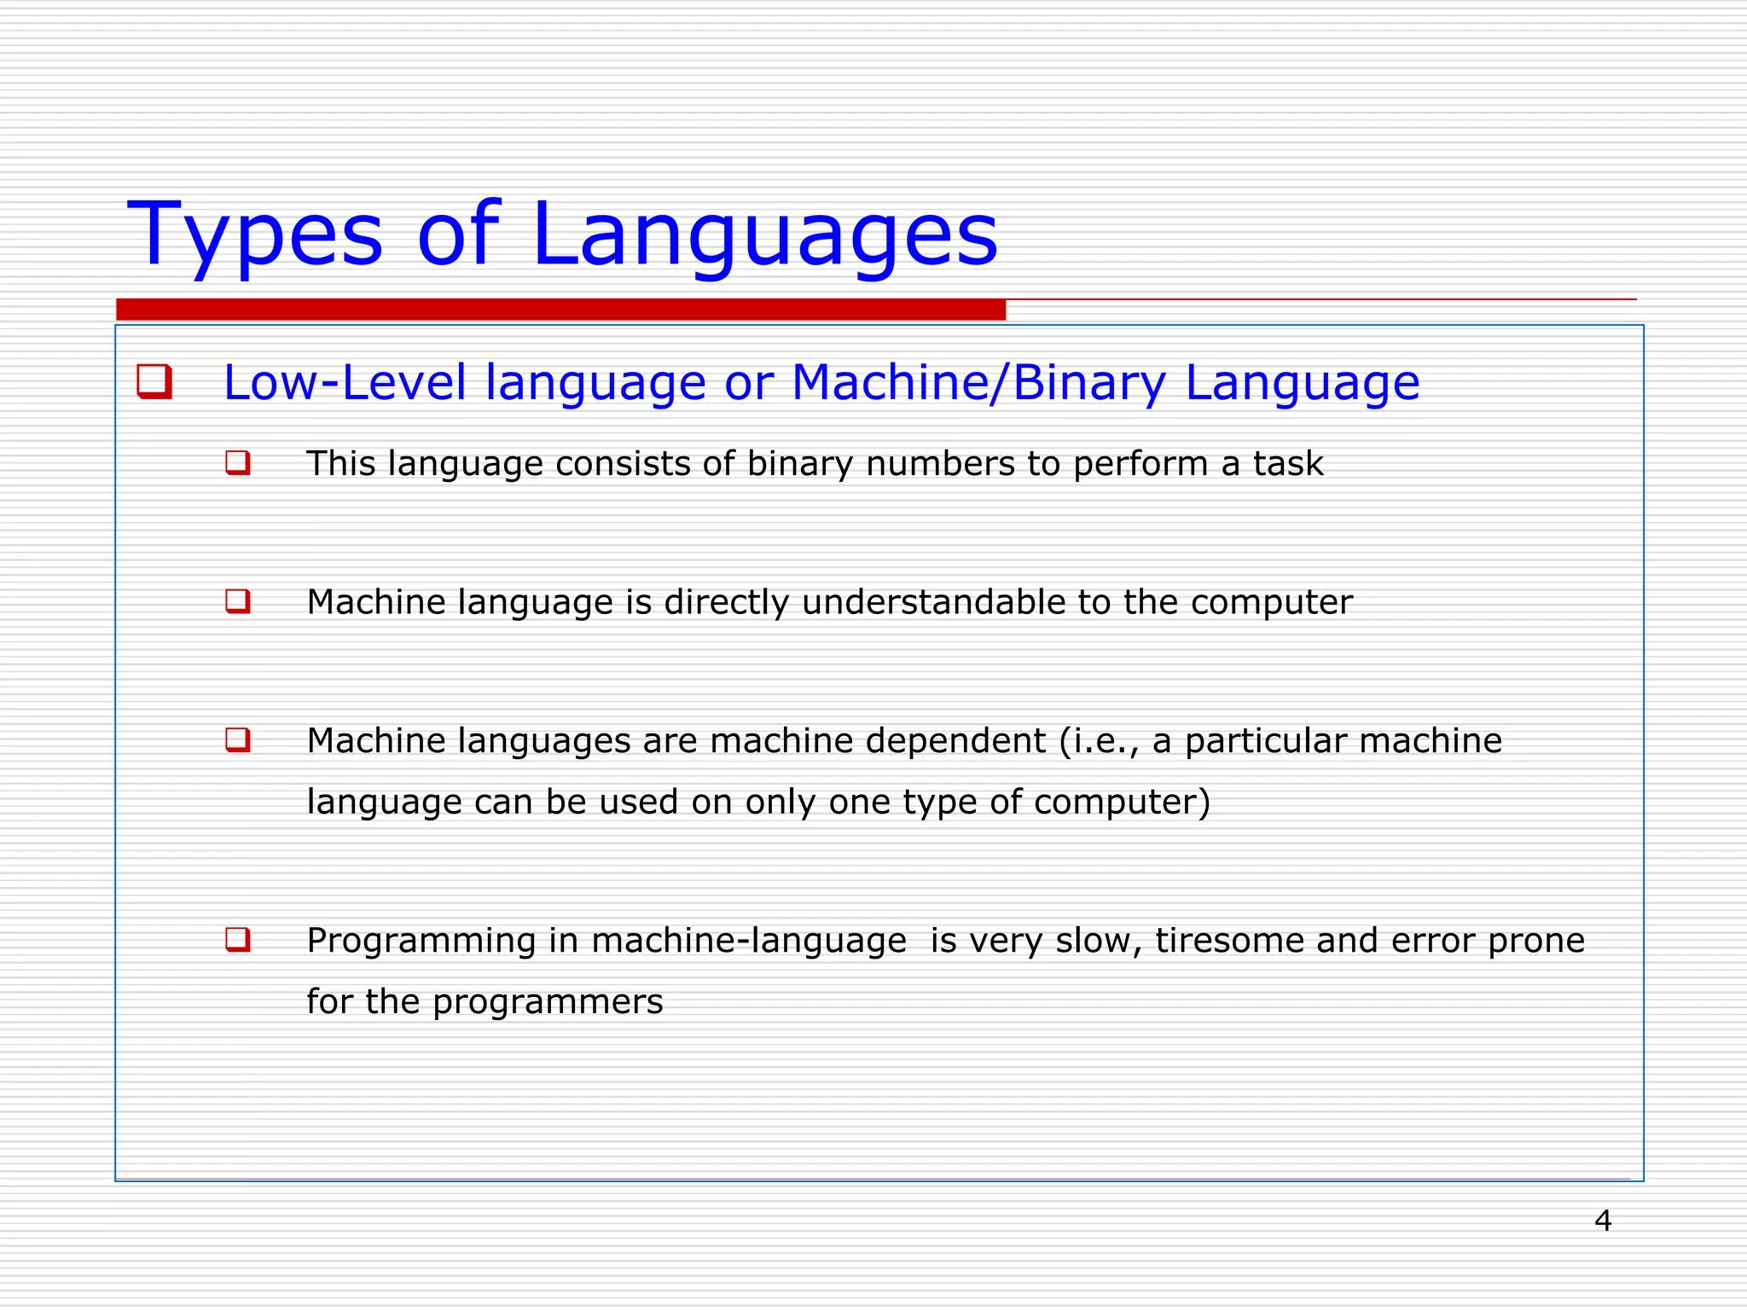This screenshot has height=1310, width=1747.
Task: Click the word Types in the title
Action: (x=254, y=235)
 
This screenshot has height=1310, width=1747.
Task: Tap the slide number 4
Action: (x=1603, y=1220)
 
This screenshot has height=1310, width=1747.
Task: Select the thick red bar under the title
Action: (x=560, y=310)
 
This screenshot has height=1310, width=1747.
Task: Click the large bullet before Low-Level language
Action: (x=154, y=381)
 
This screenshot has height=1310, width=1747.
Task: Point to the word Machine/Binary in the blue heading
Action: (x=978, y=382)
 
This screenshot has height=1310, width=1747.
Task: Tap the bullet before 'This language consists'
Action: (x=238, y=463)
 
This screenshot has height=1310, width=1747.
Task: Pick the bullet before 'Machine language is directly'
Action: (x=238, y=601)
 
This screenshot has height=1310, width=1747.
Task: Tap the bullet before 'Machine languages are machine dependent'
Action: (x=238, y=739)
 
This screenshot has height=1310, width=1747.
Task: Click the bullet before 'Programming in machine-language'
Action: (x=238, y=940)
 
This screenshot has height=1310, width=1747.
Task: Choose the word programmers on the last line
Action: (x=547, y=1002)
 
